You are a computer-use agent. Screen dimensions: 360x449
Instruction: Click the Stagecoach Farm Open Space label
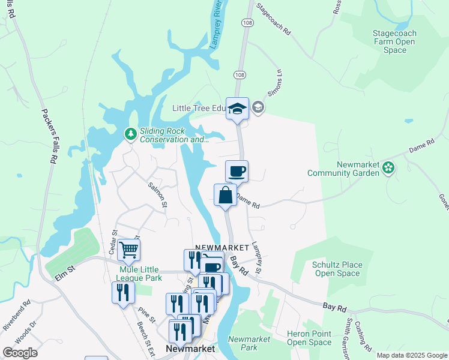[x=394, y=42]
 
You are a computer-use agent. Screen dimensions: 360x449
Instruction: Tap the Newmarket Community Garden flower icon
[x=388, y=168]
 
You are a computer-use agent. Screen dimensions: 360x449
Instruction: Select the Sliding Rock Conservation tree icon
[x=130, y=134]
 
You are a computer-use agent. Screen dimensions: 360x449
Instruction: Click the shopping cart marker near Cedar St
[x=129, y=249]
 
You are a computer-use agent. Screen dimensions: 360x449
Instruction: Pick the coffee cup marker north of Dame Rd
[x=237, y=171]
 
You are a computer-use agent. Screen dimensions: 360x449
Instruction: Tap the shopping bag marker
[x=225, y=195]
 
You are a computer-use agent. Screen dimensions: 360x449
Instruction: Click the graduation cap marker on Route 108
[x=237, y=109]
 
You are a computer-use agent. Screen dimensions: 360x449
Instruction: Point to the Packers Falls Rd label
[x=49, y=136]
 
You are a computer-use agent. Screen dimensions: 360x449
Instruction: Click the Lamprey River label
[x=217, y=28]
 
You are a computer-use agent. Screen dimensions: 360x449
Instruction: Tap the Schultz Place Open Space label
[x=337, y=269]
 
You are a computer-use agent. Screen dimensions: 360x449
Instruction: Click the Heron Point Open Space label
[x=309, y=338]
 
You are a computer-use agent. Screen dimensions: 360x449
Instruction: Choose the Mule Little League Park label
[x=137, y=274]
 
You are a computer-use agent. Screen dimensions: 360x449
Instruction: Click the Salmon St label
[x=158, y=195]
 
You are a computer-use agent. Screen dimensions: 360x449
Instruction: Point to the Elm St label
[x=63, y=272]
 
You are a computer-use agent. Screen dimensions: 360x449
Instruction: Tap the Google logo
[x=20, y=353]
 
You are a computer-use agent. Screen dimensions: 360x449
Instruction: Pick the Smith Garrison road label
[x=349, y=332]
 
